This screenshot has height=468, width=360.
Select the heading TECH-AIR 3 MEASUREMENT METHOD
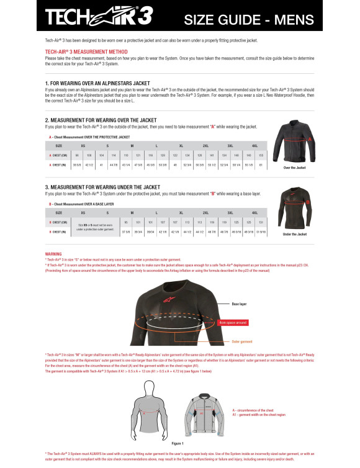coord(84,52)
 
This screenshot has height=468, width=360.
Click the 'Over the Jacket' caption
coord(295,168)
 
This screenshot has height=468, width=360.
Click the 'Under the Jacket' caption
coord(295,234)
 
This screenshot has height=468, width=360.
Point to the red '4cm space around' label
coord(233,323)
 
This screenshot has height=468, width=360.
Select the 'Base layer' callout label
coord(239,304)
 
